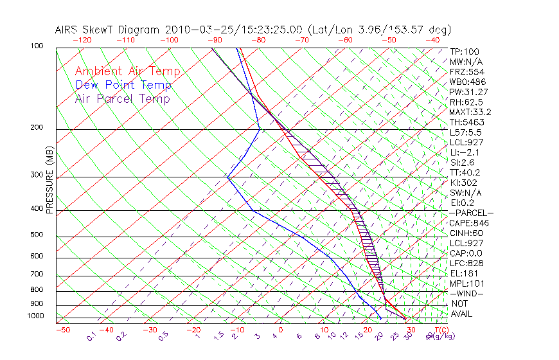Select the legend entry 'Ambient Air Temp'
pyautogui.click(x=127, y=71)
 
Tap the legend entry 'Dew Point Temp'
pyautogui.click(x=123, y=85)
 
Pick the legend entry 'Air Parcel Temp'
pyautogui.click(x=122, y=98)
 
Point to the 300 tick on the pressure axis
pyautogui.click(x=37, y=175)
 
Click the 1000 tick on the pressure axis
pyautogui.click(x=35, y=316)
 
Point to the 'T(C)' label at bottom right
pyautogui.click(x=440, y=330)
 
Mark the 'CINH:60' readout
pyautogui.click(x=466, y=233)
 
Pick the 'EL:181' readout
pyautogui.click(x=463, y=273)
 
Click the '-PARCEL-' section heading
pyautogui.click(x=471, y=213)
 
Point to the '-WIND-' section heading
pyautogui.click(x=466, y=293)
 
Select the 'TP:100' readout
pyautogui.click(x=464, y=51)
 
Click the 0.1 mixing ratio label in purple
pyautogui.click(x=91, y=336)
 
